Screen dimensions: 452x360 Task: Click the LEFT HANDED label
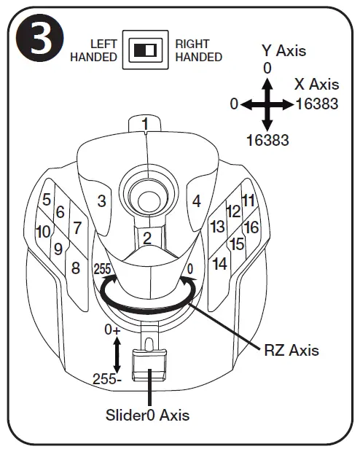[x=94, y=50]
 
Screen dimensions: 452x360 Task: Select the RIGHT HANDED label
[x=198, y=50]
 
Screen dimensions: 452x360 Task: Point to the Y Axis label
[x=283, y=50]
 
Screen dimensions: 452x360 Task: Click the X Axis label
[x=317, y=85]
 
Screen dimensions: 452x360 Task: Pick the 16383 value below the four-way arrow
[x=267, y=139]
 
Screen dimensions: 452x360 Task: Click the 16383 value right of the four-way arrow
[x=318, y=104]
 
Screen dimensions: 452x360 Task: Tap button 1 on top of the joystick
[x=146, y=125]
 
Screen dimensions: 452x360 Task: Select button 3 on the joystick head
[x=102, y=200]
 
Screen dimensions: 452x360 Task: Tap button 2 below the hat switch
[x=146, y=237]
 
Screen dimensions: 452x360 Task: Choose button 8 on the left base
[x=75, y=268]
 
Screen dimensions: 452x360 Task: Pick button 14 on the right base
[x=219, y=264]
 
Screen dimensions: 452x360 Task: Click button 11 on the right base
[x=249, y=200]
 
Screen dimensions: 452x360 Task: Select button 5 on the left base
[x=46, y=199]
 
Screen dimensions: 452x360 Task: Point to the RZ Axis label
[x=291, y=350]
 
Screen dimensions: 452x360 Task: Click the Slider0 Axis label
[x=149, y=415]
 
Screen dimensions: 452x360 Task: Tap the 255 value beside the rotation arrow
[x=102, y=269]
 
